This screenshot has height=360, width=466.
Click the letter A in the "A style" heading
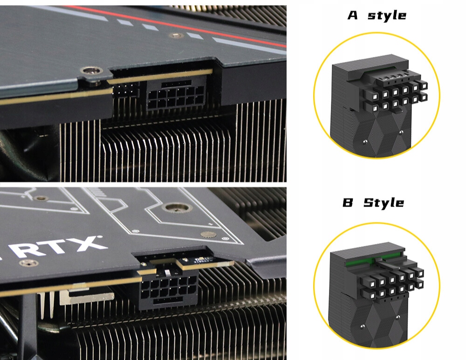coord(353,15)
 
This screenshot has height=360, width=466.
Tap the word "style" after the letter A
coord(387,16)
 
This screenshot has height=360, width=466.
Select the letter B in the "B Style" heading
coord(348,202)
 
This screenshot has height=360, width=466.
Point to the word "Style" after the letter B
coord(384,203)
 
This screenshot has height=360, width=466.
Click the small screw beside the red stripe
coord(176,36)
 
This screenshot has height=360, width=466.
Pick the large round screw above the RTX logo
coord(177,208)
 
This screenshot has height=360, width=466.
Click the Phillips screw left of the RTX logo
coord(28,263)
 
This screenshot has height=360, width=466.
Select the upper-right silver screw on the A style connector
coord(401,132)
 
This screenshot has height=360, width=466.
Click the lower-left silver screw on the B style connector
coord(362,327)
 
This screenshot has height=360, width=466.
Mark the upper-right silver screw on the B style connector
coord(398,318)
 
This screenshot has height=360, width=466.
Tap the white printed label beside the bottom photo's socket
coord(202,261)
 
